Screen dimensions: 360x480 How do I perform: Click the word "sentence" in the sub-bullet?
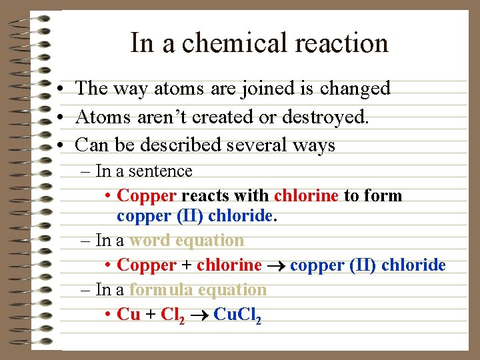tap(160, 171)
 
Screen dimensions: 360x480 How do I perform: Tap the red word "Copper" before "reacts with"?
tap(147, 196)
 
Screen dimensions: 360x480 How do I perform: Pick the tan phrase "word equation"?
tap(187, 240)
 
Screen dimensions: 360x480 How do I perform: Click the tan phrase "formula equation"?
tap(198, 290)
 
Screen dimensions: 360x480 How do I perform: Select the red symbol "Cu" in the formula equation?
tap(128, 314)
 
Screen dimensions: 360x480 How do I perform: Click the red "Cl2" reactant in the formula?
tap(173, 315)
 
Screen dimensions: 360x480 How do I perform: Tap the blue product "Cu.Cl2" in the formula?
tap(237, 315)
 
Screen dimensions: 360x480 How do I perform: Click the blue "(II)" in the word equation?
tap(363, 265)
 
